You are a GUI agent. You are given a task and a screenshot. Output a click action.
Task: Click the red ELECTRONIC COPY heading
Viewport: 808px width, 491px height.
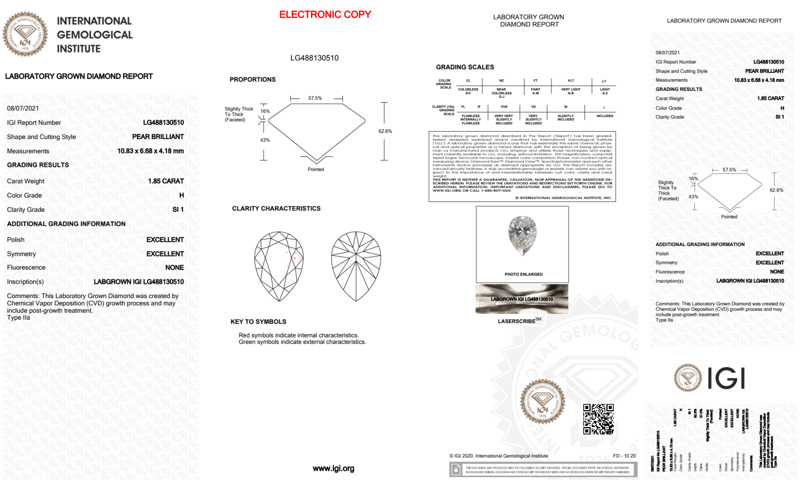[325, 15]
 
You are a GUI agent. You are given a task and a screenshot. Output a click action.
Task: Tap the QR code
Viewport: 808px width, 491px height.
[598, 419]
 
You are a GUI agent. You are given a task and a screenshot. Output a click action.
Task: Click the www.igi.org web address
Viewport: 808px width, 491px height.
[333, 468]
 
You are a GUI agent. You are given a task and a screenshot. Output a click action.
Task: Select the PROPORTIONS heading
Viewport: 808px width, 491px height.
[252, 80]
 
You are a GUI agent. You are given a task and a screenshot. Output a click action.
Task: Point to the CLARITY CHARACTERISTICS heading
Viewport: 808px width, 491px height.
[276, 209]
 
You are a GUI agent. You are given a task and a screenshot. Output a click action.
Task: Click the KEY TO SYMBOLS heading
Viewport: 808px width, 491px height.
[258, 322]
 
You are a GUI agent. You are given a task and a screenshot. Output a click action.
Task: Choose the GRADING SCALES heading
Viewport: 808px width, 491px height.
[465, 67]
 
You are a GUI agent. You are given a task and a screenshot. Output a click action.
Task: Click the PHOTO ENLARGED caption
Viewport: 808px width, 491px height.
[523, 274]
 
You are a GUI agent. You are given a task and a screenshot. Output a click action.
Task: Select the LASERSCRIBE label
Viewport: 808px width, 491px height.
[517, 321]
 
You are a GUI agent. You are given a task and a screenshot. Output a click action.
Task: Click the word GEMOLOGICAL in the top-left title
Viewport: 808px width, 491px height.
[94, 35]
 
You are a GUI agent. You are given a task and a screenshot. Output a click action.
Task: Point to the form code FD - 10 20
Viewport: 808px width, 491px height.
[624, 456]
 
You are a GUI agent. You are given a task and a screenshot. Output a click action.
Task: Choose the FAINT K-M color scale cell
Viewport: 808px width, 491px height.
[535, 91]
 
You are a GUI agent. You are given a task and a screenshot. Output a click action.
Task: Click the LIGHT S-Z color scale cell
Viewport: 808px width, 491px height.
[604, 91]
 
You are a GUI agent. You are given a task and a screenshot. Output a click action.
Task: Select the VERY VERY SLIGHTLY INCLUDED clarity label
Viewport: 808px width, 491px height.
[504, 120]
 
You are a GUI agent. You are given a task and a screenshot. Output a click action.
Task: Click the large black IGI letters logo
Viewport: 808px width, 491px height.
[726, 379]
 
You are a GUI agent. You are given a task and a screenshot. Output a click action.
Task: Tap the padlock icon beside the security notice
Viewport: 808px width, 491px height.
[456, 470]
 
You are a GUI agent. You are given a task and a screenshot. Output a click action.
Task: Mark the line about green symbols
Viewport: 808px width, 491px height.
[302, 342]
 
